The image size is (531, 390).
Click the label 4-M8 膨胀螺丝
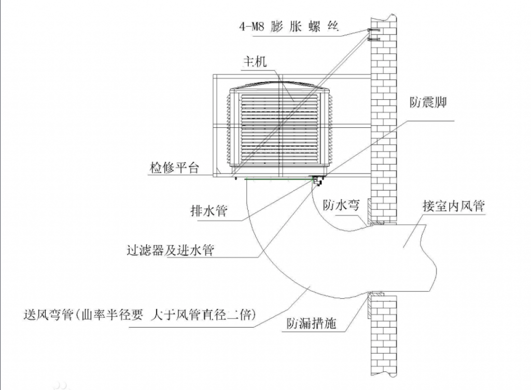pyautogui.click(x=289, y=26)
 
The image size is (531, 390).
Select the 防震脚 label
pyautogui.click(x=428, y=102)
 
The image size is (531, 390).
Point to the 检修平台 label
pyautogui.click(x=174, y=168)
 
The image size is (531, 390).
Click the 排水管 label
pyautogui.click(x=208, y=211)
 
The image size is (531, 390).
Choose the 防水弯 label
pyautogui.click(x=341, y=205)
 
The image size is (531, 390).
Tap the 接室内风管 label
pyautogui.click(x=453, y=206)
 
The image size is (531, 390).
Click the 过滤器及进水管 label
pyautogui.click(x=170, y=250)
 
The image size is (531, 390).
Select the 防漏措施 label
pyautogui.click(x=311, y=323)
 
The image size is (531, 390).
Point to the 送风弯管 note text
pyautogui.click(x=139, y=315)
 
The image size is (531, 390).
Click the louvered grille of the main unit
pyautogui.click(x=280, y=129)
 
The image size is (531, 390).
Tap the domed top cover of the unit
pyautogui.click(x=280, y=86)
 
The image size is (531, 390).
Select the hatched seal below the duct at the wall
pyautogui.click(x=370, y=307)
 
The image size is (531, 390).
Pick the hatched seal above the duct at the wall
pyautogui.click(x=370, y=211)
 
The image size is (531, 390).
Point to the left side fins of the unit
pyautogui.click(x=228, y=130)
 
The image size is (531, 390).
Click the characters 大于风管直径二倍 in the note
pyautogui.click(x=203, y=315)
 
